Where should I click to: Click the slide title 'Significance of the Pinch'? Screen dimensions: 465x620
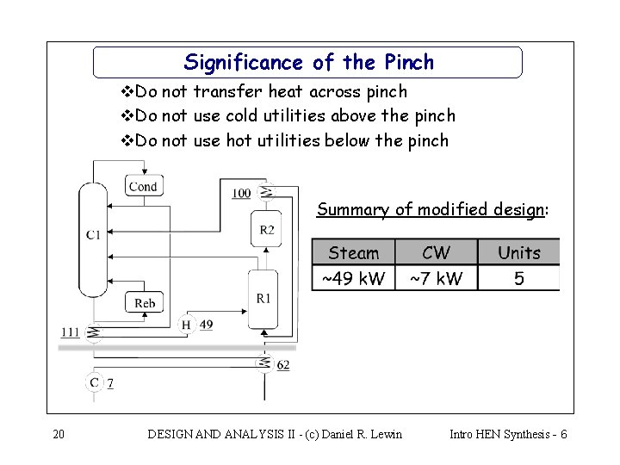pos(308,63)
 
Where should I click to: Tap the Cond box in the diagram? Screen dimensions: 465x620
pos(143,185)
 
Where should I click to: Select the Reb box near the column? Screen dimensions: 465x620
pos(145,302)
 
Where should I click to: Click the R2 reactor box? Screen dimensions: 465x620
pos(267,229)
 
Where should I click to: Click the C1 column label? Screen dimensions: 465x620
pos(93,234)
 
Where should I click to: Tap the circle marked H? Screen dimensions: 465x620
pos(186,325)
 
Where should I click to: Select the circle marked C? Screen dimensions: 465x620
pos(94,382)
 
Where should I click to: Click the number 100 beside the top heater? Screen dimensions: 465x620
pos(241,193)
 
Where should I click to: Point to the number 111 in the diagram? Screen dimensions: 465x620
pos(71,332)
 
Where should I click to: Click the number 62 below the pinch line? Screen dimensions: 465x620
pos(283,365)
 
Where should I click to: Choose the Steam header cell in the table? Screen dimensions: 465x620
pos(353,252)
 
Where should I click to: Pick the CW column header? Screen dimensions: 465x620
pos(436,252)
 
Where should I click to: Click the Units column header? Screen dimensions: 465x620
pos(519,252)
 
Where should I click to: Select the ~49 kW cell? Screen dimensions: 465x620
pos(353,278)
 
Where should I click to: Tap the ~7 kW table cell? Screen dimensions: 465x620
pos(436,278)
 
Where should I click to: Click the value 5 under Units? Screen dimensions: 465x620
pos(519,278)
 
